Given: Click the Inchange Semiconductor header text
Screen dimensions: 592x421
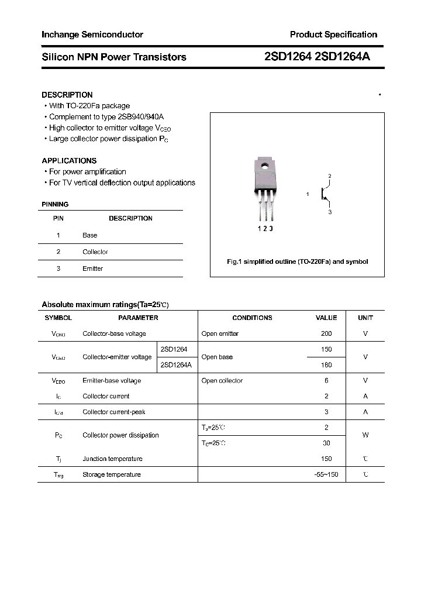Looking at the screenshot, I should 92,35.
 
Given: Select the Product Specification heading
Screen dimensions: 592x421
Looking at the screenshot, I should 333,35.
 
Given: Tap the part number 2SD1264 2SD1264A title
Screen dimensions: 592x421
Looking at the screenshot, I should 317,57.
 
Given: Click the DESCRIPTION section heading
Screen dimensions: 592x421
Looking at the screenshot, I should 67,95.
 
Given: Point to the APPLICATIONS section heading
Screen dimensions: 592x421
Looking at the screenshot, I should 69,160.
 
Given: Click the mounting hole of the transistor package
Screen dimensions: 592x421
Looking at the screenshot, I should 264,166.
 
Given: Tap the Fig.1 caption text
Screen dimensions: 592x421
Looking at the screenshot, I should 297,261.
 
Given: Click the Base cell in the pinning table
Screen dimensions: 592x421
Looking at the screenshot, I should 90,235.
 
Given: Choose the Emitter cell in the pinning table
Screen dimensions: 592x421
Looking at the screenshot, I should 92,269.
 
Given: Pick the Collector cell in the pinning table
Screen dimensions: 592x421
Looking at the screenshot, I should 95,252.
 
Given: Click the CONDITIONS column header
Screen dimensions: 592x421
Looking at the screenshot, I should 252,318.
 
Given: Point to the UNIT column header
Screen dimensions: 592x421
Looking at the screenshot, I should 365,318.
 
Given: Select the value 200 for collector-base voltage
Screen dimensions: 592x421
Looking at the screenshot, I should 326,333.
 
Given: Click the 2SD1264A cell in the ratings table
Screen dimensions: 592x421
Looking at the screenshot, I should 176,364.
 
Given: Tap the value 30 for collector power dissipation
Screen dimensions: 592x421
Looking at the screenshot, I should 326,443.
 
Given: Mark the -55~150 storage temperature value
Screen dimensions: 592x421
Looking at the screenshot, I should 326,474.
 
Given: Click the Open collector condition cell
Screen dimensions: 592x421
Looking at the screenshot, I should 222,380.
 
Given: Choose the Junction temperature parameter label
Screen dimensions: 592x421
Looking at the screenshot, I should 112,459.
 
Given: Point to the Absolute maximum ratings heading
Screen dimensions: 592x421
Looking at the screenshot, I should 105,304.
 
